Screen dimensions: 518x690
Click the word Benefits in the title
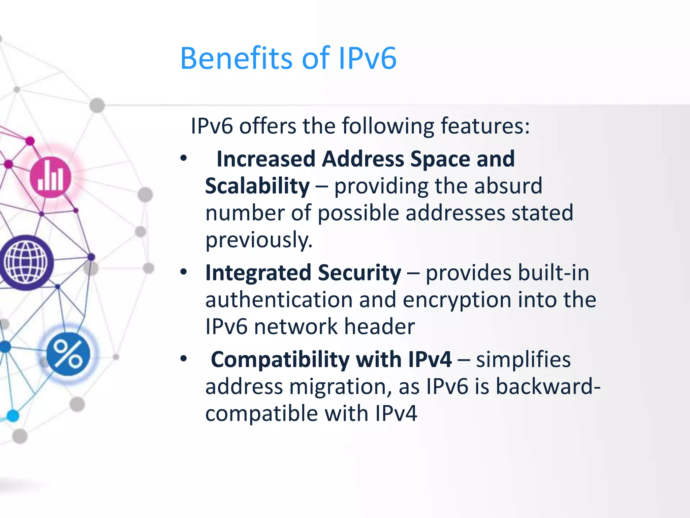click(236, 59)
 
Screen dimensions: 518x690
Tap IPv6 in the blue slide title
click(367, 59)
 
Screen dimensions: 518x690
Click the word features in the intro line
click(485, 126)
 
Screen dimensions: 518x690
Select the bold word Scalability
click(257, 186)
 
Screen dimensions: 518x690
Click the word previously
click(259, 240)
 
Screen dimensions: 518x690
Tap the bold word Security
click(359, 273)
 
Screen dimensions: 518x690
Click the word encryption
click(457, 300)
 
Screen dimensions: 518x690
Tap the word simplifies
click(524, 359)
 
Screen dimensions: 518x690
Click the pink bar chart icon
click(51, 177)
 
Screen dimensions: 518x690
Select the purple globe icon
click(26, 262)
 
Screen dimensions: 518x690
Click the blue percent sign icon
click(68, 354)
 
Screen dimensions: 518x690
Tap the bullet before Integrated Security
click(184, 272)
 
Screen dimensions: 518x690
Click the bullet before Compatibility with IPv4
click(184, 358)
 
